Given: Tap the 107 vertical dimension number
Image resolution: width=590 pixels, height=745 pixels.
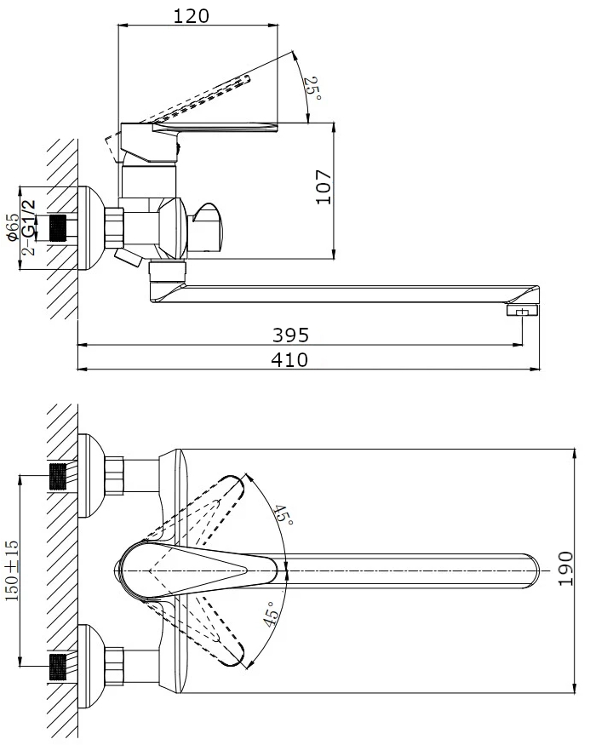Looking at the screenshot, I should tap(322, 187).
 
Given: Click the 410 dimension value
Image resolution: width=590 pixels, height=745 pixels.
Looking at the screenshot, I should tap(289, 359).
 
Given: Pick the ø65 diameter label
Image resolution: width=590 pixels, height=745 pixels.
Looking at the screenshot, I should tap(14, 228).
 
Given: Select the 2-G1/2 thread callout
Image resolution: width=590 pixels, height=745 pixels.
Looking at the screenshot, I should tap(29, 226).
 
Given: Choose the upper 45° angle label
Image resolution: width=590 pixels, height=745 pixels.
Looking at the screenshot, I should tap(282, 516).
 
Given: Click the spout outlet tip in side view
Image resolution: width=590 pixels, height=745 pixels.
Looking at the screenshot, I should tap(524, 312).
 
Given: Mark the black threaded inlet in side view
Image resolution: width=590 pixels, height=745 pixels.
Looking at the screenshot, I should tap(57, 228).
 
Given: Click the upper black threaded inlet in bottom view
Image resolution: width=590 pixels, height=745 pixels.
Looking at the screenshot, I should tap(58, 478).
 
